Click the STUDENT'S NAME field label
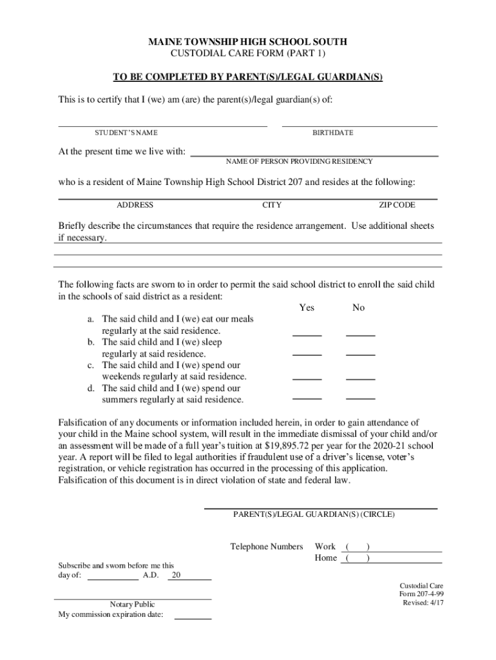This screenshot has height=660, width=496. pyautogui.click(x=126, y=133)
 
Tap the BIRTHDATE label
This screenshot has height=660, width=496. pyautogui.click(x=333, y=133)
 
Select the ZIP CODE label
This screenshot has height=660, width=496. pyautogui.click(x=397, y=205)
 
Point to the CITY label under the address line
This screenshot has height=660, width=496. pyautogui.click(x=272, y=205)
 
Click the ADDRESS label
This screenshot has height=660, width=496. pyautogui.click(x=135, y=205)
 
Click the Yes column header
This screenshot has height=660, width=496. pyautogui.click(x=307, y=308)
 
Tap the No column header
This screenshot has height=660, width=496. pyautogui.click(x=359, y=308)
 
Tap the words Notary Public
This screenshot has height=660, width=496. pyautogui.click(x=133, y=605)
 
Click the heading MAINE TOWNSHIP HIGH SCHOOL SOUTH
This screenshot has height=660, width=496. pyautogui.click(x=248, y=42)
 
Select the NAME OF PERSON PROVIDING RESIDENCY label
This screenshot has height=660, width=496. pyautogui.click(x=300, y=161)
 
